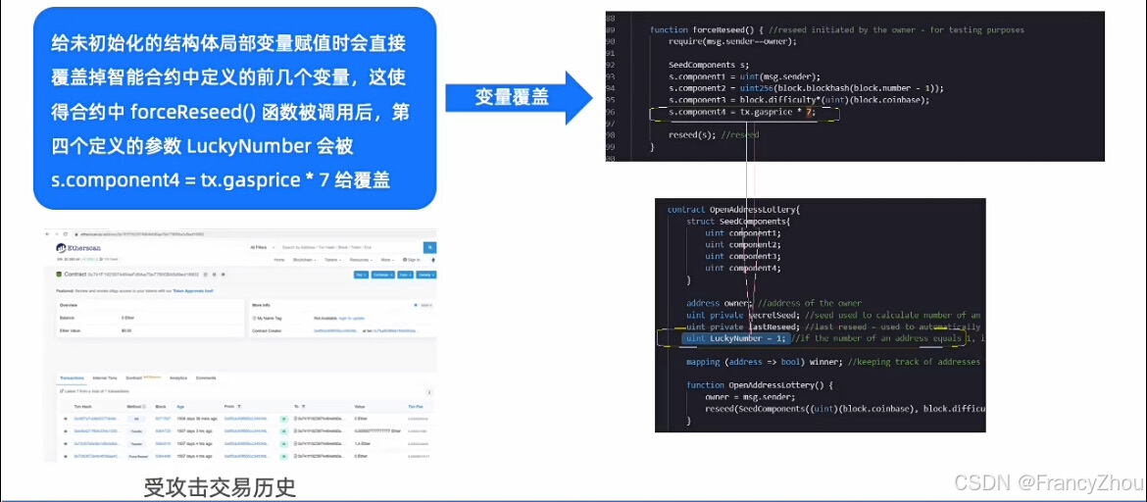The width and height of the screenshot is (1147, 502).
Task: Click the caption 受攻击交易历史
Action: pyautogui.click(x=220, y=486)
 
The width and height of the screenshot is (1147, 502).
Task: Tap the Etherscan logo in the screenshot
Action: pyautogui.click(x=77, y=249)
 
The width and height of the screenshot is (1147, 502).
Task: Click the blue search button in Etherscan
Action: pyautogui.click(x=430, y=248)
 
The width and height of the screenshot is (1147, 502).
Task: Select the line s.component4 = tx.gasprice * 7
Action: pyautogui.click(x=743, y=113)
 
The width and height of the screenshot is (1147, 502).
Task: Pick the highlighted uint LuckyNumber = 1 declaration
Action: pyautogui.click(x=734, y=339)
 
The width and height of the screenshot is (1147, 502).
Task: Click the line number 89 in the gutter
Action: pyautogui.click(x=611, y=30)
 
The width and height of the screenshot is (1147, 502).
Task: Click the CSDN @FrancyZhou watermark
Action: pyautogui.click(x=1048, y=482)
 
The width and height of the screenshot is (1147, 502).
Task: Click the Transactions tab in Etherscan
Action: pyautogui.click(x=72, y=376)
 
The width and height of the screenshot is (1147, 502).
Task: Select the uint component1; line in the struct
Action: pyautogui.click(x=742, y=233)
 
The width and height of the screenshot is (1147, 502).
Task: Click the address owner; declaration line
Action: pyautogui.click(x=719, y=304)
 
